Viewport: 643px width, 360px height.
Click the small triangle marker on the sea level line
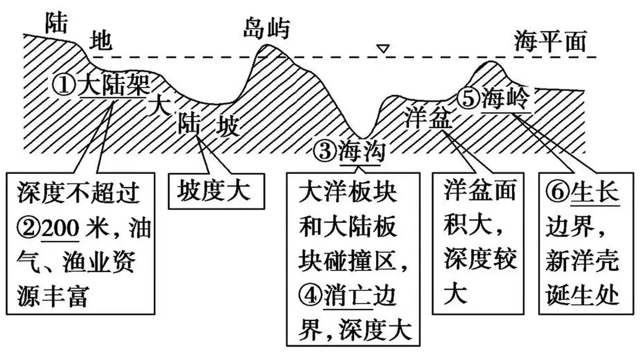(x=383, y=49)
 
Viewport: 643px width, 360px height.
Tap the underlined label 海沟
(x=362, y=152)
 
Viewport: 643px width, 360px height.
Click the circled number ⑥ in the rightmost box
(x=557, y=193)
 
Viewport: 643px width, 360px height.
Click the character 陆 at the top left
(x=56, y=24)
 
